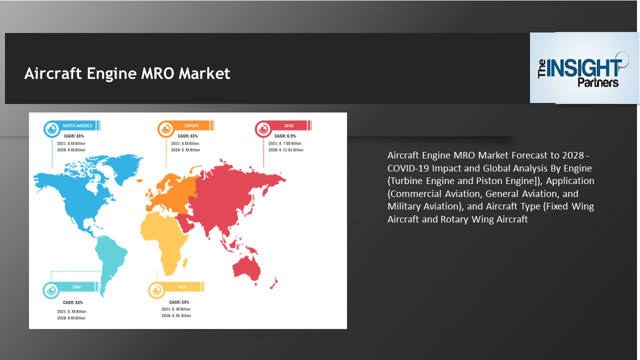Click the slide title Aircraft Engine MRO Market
(127, 74)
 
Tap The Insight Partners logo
(584, 68)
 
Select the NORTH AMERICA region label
(77, 126)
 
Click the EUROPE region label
(191, 126)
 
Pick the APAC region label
(289, 126)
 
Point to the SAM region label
(76, 287)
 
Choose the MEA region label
(182, 287)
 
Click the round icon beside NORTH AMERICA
(51, 129)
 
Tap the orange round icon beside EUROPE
(165, 129)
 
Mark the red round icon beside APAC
(263, 129)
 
